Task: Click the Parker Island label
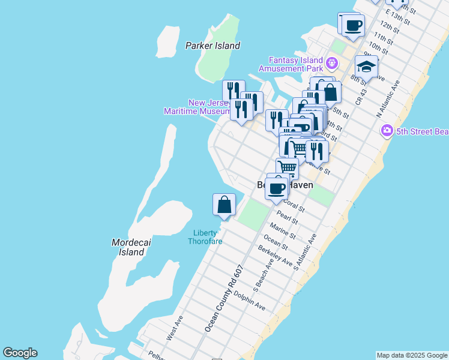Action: click(212, 46)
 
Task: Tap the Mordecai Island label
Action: click(128, 247)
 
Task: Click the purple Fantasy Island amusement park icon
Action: click(331, 61)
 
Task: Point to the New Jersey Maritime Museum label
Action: click(197, 107)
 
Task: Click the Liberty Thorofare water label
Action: click(205, 237)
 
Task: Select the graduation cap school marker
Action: click(366, 66)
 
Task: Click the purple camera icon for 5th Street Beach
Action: click(387, 130)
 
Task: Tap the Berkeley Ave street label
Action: click(267, 256)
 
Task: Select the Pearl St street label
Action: click(288, 217)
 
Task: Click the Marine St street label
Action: click(282, 232)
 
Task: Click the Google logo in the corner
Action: click(20, 353)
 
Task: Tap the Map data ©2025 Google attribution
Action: click(412, 355)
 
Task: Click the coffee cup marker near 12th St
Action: click(354, 25)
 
